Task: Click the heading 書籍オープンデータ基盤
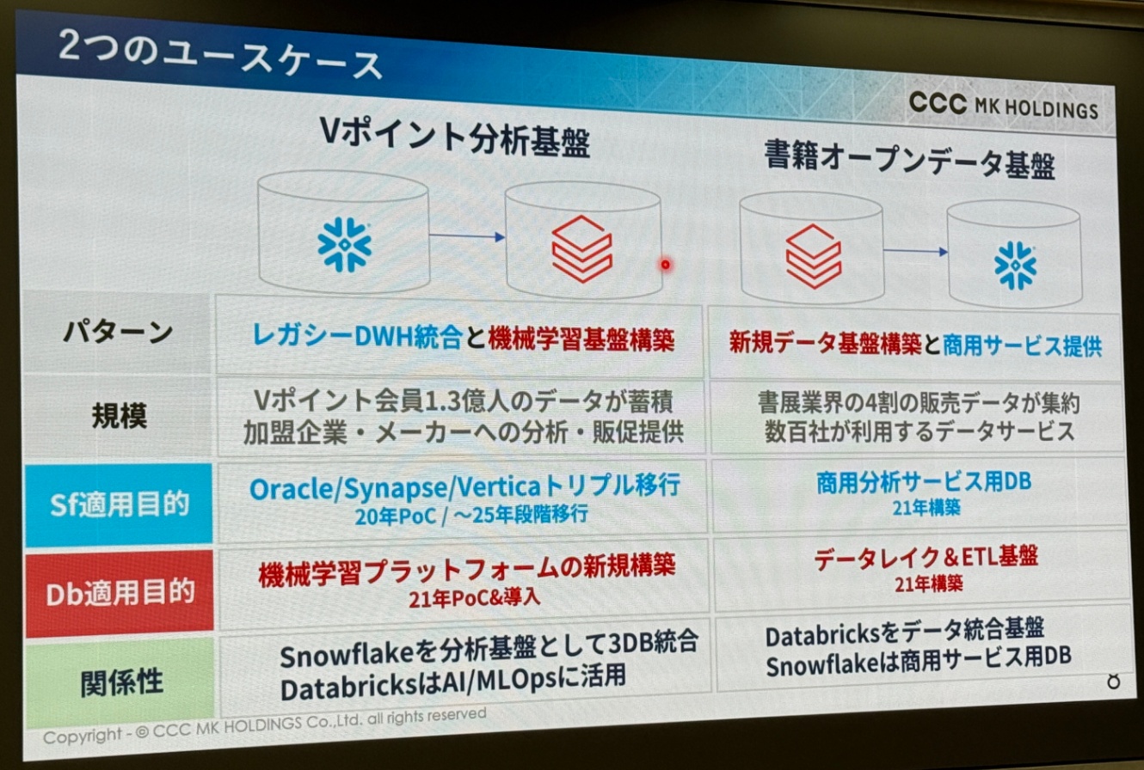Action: pos(909,160)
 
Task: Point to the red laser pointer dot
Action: pos(666,265)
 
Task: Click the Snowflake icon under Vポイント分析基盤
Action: pos(344,244)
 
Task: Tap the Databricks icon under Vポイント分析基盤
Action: pos(582,248)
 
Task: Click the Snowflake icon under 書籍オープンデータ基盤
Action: pos(1015,266)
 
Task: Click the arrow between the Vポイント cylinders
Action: pos(467,236)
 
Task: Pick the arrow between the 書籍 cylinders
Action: pos(915,251)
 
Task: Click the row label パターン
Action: pos(119,333)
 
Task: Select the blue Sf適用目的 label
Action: pos(119,504)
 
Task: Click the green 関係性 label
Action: pos(121,682)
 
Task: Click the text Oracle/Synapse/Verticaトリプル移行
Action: pos(464,486)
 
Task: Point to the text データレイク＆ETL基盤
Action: pos(926,557)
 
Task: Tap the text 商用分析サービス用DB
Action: pos(924,482)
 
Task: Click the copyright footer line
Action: pos(265,725)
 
